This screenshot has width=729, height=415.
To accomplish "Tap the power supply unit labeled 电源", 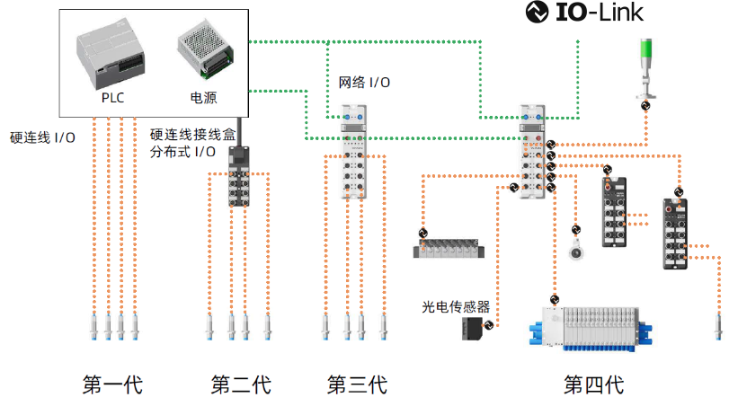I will [207, 49].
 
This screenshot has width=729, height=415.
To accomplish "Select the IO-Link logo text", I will [585, 13].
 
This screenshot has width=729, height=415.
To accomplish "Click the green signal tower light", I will [647, 67].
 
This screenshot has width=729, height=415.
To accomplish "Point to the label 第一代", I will [112, 385].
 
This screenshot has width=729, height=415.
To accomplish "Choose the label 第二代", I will [240, 385].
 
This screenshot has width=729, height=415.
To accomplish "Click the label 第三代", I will [357, 385].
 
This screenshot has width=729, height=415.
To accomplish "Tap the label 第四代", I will [593, 385].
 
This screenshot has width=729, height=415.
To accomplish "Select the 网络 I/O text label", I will [364, 83].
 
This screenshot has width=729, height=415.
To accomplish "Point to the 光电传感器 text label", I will [456, 306].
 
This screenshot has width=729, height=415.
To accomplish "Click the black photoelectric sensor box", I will [470, 329].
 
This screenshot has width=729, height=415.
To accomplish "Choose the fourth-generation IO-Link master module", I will [531, 148].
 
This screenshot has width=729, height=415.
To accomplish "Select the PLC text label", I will [112, 96].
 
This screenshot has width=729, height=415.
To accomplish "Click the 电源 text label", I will [202, 96].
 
